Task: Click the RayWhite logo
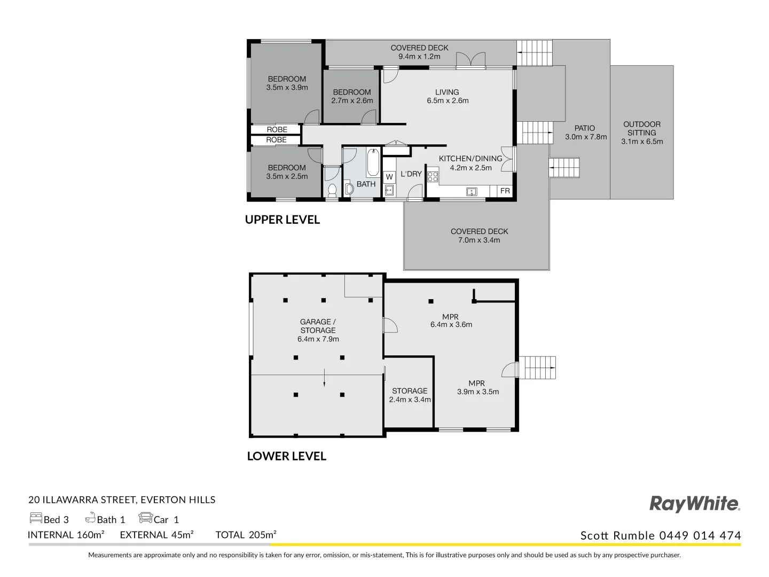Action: [694, 504]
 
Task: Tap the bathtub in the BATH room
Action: [372, 163]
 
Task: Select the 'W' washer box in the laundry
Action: [389, 177]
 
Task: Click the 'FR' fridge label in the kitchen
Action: [505, 191]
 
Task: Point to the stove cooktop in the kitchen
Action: [433, 176]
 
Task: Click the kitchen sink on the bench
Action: [471, 191]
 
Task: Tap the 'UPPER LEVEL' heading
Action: [282, 220]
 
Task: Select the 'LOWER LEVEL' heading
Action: [286, 456]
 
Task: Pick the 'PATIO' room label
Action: [585, 128]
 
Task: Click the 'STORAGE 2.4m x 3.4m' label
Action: [410, 395]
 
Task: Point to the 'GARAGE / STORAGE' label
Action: [318, 326]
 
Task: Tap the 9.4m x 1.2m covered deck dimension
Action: [419, 56]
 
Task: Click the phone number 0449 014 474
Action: [700, 535]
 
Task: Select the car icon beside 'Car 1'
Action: [145, 518]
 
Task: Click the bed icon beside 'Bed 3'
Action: [36, 518]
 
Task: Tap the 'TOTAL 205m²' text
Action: [246, 535]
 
